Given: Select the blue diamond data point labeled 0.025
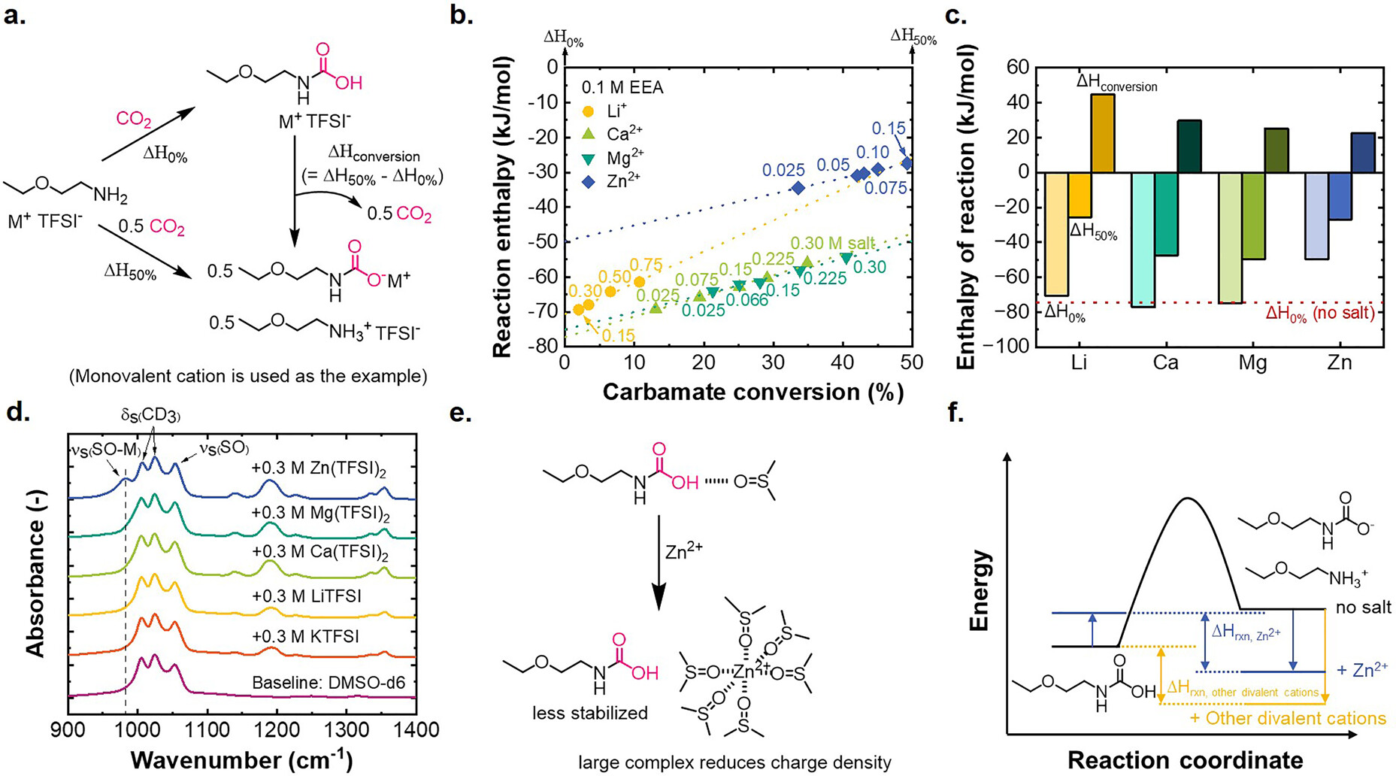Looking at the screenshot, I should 798,188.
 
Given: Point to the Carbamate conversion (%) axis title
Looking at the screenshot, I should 752,392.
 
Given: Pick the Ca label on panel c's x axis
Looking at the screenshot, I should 1165,362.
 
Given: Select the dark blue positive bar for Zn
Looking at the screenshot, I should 1362,153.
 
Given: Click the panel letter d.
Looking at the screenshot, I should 16,412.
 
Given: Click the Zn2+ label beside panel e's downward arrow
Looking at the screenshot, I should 684,553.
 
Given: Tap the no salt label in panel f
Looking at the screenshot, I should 1364,608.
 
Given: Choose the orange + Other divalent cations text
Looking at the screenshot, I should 1288,718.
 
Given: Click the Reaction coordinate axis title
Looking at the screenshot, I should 1186,759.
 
